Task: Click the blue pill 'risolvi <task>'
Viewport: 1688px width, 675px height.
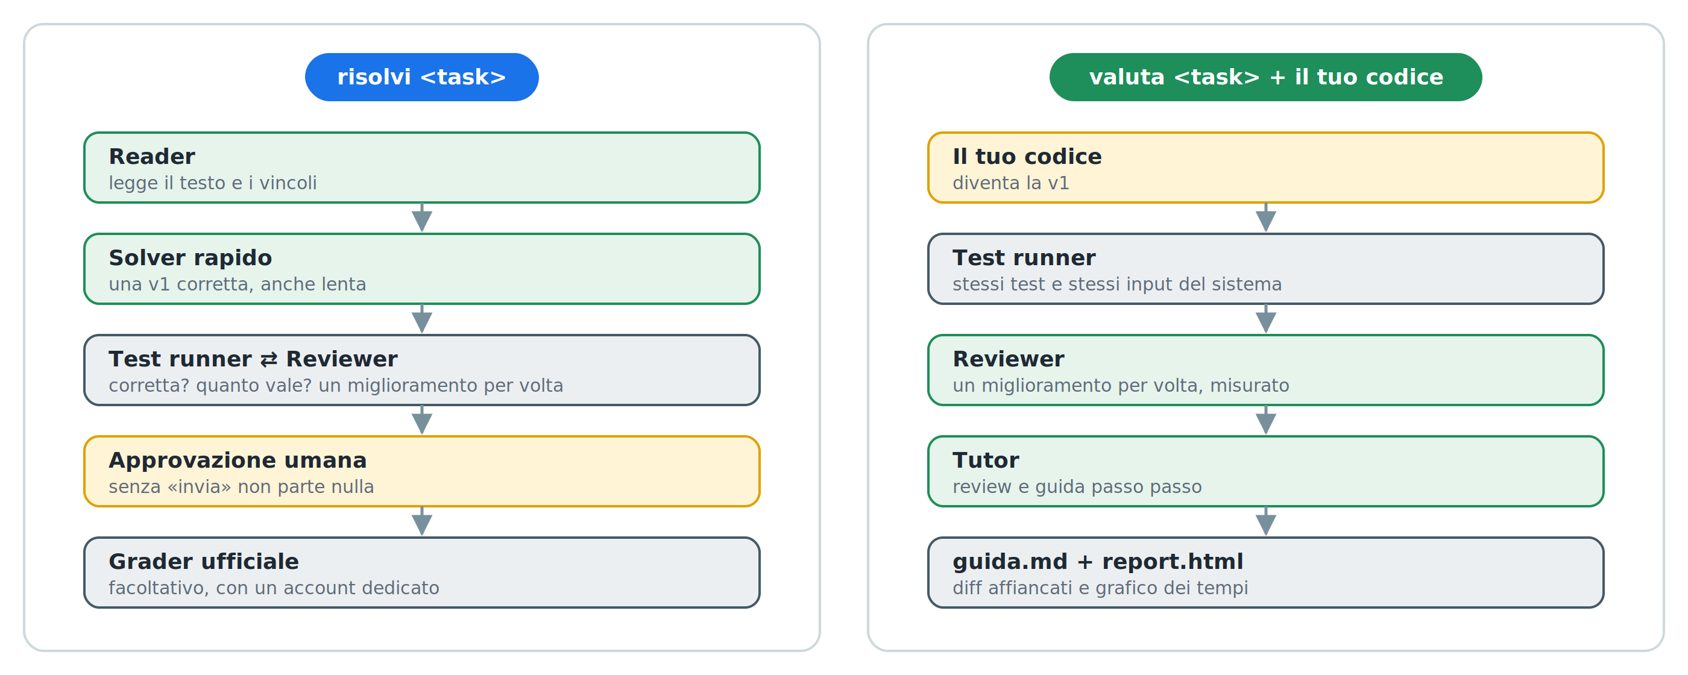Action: (421, 77)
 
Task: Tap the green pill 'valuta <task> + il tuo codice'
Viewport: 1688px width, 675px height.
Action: (1265, 77)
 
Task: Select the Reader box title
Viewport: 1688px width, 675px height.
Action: (152, 157)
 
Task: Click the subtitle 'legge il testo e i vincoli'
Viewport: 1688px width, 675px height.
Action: (212, 183)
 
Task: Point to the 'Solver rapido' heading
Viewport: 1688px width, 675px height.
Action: (190, 258)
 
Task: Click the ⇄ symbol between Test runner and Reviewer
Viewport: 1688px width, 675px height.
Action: (269, 360)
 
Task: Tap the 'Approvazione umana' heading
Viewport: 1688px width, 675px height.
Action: (237, 460)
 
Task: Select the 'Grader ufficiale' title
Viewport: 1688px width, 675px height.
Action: (204, 562)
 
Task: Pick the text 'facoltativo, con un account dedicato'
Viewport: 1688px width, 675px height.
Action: (274, 588)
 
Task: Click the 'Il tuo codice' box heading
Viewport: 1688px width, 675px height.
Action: (1027, 157)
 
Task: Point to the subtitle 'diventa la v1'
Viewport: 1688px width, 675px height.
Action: (1010, 183)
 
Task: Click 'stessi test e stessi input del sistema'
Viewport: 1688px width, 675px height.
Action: (1116, 284)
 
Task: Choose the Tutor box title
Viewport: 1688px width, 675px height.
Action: (986, 460)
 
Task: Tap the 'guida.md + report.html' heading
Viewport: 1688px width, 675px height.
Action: (1098, 562)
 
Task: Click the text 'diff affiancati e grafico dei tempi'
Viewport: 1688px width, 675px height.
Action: (1100, 588)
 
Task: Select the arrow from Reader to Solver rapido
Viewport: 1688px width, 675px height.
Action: (422, 218)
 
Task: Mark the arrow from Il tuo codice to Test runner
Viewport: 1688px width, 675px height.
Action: (1265, 218)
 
